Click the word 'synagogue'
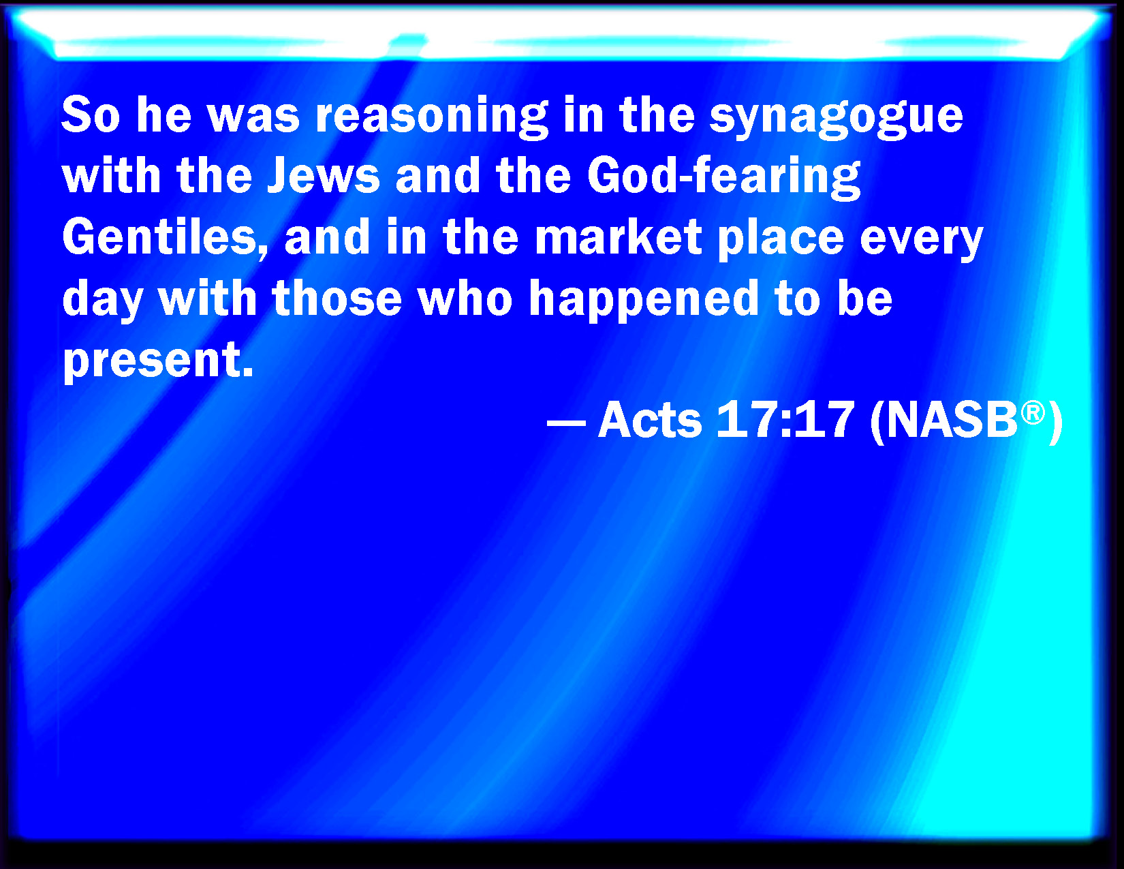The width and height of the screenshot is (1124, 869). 836,117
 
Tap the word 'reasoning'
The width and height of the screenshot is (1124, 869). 432,117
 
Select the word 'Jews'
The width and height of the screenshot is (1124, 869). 324,176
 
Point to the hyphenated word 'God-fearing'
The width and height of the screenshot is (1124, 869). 724,177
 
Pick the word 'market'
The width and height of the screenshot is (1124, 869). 618,237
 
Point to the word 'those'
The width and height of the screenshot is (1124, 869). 337,298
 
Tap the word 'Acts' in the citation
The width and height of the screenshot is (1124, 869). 650,421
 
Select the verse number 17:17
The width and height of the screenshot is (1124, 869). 785,420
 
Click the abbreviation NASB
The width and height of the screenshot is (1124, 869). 952,421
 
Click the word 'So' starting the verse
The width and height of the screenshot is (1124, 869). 91,115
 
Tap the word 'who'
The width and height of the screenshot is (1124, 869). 465,298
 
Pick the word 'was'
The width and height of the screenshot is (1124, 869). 253,119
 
